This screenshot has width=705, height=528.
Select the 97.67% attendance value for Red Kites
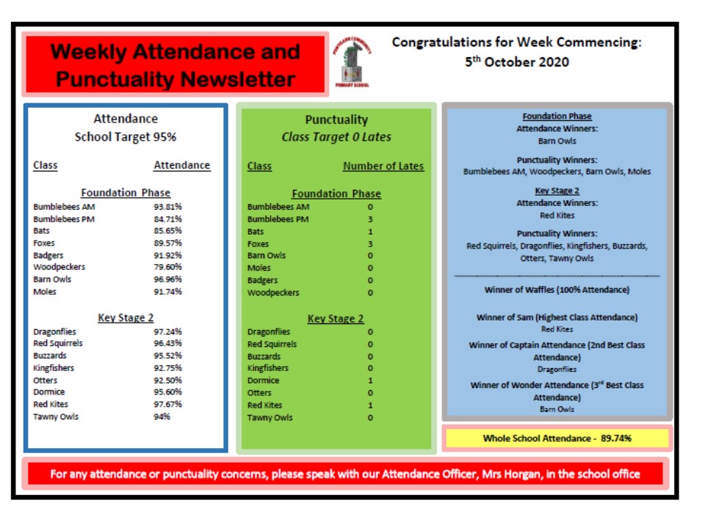coord(168,405)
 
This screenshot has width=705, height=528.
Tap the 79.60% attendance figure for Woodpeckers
coord(168,267)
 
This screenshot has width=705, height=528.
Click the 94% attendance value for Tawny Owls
coord(162,417)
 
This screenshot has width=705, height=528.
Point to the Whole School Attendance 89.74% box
coord(557,439)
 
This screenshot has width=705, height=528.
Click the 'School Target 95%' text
coord(126,137)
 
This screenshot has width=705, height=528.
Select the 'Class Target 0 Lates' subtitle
coord(336,137)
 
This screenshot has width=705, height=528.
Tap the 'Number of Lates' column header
coord(383,166)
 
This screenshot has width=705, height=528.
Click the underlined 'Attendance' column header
coord(181,166)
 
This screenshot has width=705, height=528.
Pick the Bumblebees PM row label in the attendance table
coord(64,219)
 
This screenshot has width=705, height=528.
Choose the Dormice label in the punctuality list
coord(264,381)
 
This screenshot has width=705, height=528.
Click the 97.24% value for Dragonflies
coord(168,331)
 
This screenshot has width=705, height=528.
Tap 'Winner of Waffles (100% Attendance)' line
coord(557,290)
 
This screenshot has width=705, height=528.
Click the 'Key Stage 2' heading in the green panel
coord(336,319)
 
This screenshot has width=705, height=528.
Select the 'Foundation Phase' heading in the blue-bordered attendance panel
coord(126,193)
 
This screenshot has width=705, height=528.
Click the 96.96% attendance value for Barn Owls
coord(168,279)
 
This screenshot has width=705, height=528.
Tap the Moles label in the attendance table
coord(45,292)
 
